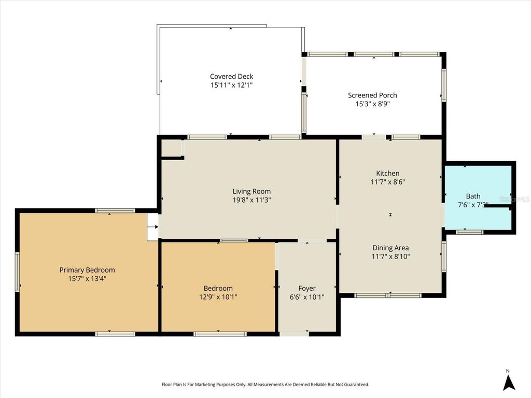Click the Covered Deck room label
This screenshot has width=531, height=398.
click(231, 76)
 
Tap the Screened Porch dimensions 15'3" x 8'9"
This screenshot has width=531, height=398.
click(372, 104)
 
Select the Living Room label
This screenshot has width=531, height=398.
click(251, 191)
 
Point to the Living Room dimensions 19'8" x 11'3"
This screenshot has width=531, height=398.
click(251, 200)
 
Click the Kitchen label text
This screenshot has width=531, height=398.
click(388, 173)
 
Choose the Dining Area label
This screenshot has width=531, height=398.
click(390, 248)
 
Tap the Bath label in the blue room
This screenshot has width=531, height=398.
click(473, 196)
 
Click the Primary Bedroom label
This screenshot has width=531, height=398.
click(87, 270)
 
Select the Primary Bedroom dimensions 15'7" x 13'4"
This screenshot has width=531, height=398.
click(87, 278)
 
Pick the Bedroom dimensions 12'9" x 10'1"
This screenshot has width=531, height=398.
click(218, 297)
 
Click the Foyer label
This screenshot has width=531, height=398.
click(307, 288)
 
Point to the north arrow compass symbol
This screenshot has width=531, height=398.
click(509, 382)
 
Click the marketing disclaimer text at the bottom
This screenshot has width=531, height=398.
click(265, 385)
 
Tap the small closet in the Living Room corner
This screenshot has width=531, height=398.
click(171, 148)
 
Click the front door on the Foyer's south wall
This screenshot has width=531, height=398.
click(294, 333)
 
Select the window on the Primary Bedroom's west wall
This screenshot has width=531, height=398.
click(17, 272)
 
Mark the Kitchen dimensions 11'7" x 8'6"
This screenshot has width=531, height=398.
click(388, 182)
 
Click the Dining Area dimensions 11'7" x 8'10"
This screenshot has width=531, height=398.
click(390, 256)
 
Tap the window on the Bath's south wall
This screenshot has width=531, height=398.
click(470, 232)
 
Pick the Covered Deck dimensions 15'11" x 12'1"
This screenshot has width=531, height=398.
click(231, 84)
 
